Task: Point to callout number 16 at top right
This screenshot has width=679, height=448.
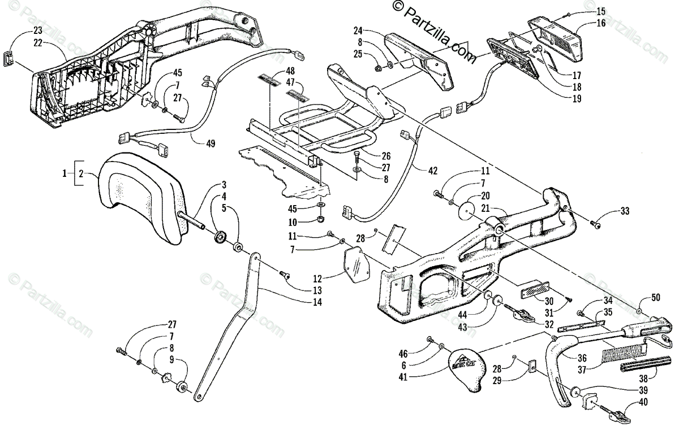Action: tap(600, 23)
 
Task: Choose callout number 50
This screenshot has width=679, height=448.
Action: tap(656, 297)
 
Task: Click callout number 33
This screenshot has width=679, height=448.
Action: tap(624, 212)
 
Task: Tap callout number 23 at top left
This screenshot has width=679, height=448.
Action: tap(37, 30)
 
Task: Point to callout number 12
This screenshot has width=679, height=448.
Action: tap(317, 279)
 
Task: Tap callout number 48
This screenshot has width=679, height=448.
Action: tap(290, 71)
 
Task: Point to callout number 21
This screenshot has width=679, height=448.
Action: tap(485, 208)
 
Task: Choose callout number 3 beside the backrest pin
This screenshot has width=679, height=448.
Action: tap(224, 184)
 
